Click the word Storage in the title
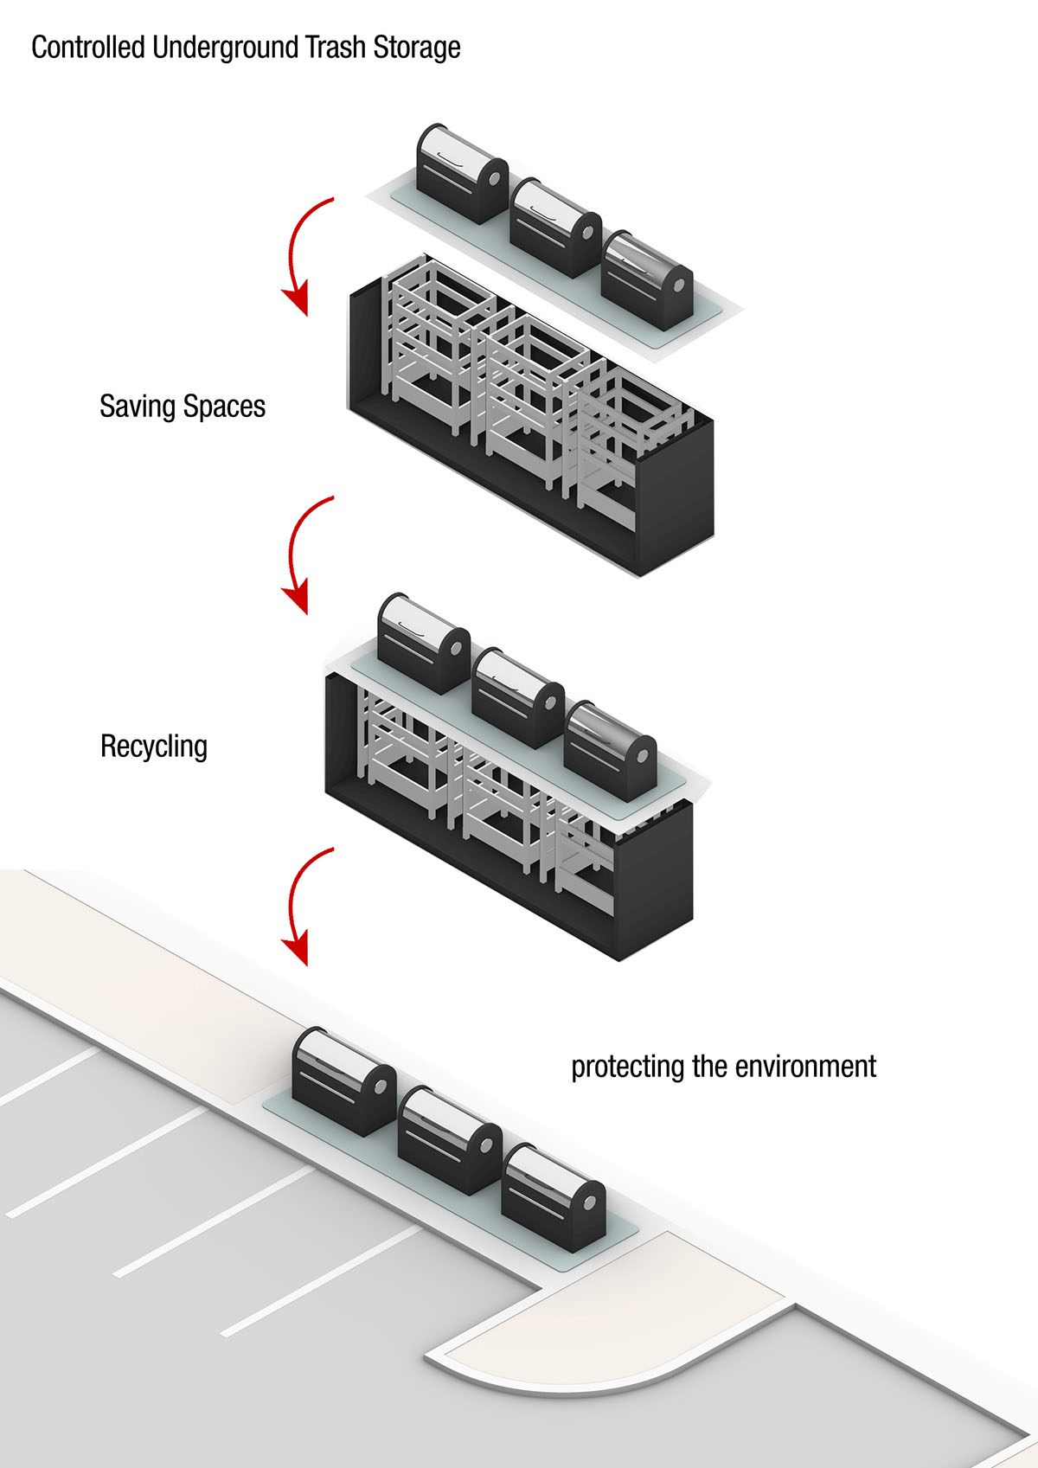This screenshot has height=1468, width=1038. click(x=417, y=47)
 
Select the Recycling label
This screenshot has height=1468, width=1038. click(x=154, y=747)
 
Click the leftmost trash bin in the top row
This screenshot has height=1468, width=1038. click(x=461, y=173)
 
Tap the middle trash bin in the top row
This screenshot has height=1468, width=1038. click(x=554, y=228)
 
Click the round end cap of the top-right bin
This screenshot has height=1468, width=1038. click(x=680, y=285)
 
